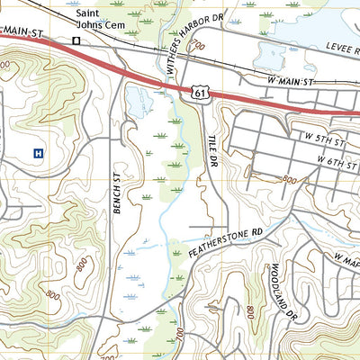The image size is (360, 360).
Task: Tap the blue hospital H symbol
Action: pyautogui.click(x=37, y=153)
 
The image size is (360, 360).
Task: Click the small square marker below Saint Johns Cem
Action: pyautogui.click(x=76, y=40)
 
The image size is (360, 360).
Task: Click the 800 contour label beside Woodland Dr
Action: pyautogui.click(x=249, y=311)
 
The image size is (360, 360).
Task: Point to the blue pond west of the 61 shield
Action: pyautogui.click(x=139, y=101)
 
